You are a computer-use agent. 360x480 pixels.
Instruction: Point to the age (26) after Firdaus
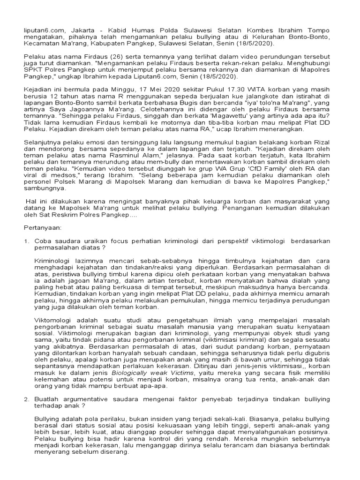point(107,57)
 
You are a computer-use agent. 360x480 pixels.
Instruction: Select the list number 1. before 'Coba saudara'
point(27,240)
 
